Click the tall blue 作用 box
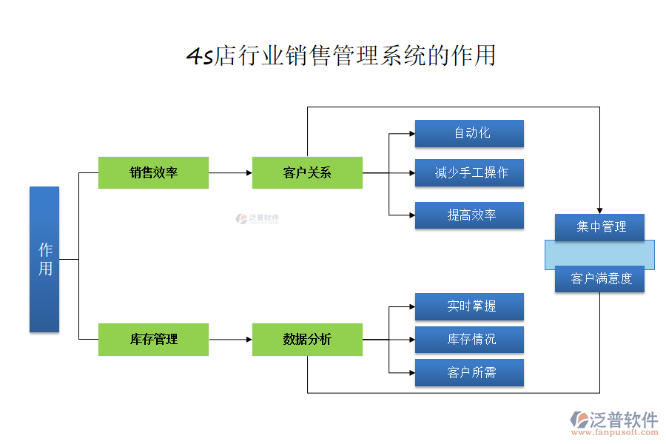coord(44,259)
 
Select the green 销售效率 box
coord(153,172)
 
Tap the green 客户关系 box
coord(307,172)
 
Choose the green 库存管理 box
coord(153,340)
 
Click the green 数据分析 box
coord(307,340)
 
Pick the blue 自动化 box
coord(469,133)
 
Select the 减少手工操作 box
coord(469,172)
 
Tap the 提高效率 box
coord(469,215)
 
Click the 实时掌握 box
coord(469,306)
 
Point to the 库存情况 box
coord(469,340)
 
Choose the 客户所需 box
coord(469,372)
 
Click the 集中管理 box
coord(599,227)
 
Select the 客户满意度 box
coord(599,279)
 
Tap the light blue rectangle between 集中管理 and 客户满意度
coord(599,253)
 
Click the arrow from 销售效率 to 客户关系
coord(230,172)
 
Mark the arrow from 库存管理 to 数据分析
coord(230,340)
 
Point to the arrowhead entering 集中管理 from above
coord(599,210)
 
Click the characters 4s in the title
coord(199,57)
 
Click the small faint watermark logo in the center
coord(257,219)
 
